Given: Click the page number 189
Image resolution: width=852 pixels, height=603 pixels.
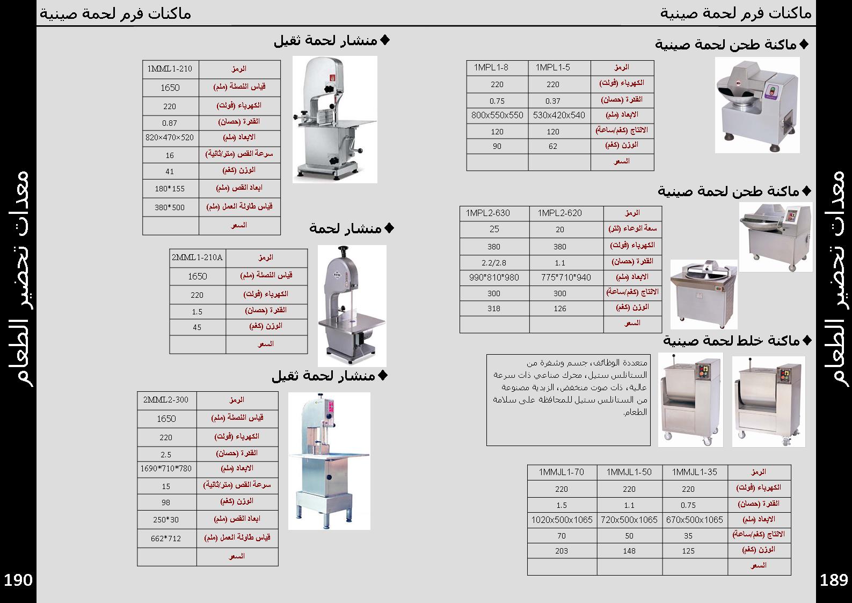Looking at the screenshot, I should [x=834, y=580].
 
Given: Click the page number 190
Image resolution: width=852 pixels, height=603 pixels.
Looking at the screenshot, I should [x=19, y=580].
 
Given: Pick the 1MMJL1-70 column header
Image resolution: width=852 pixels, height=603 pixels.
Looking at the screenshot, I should [x=562, y=472].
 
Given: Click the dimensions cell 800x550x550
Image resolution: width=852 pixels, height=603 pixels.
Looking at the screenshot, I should [x=497, y=115].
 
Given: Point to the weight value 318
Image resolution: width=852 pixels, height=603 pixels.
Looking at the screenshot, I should [x=494, y=308].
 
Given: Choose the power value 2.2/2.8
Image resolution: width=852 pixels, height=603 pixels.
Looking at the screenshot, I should [x=494, y=263].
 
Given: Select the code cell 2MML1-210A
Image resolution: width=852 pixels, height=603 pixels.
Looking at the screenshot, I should [x=197, y=257].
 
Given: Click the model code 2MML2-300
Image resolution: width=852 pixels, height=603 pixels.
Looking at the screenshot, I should [x=166, y=400].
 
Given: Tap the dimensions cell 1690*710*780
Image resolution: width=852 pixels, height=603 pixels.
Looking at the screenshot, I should [x=166, y=469].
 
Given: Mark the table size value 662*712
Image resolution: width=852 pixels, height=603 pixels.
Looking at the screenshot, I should [x=166, y=539].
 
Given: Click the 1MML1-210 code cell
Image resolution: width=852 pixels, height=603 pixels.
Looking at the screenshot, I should [x=170, y=69].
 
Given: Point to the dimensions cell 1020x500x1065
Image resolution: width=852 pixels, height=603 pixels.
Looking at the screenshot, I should [x=562, y=520].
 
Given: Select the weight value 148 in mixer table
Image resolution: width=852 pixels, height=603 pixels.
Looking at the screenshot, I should [x=629, y=551].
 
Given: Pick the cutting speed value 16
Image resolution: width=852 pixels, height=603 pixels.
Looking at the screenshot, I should [x=170, y=155].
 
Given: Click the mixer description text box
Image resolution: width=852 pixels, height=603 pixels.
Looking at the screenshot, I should [x=568, y=399].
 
